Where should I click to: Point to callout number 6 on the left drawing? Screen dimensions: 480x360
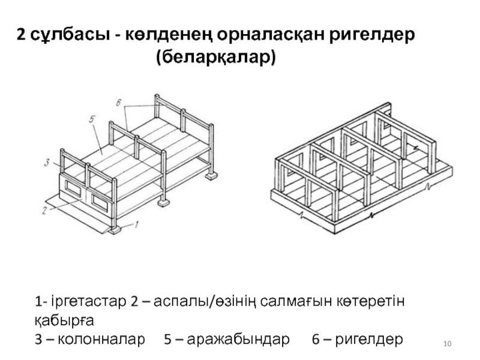click(119, 103)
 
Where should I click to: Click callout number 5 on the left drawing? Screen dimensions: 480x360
click(92, 119)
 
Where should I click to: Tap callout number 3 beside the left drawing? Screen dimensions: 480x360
click(46, 161)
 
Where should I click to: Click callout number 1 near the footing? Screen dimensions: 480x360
click(136, 226)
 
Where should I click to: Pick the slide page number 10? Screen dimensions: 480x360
click(447, 343)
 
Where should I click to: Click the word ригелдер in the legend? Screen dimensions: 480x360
click(368, 340)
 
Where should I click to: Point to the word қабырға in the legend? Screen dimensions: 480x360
click(64, 319)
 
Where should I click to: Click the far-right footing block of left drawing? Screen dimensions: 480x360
click(210, 176)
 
